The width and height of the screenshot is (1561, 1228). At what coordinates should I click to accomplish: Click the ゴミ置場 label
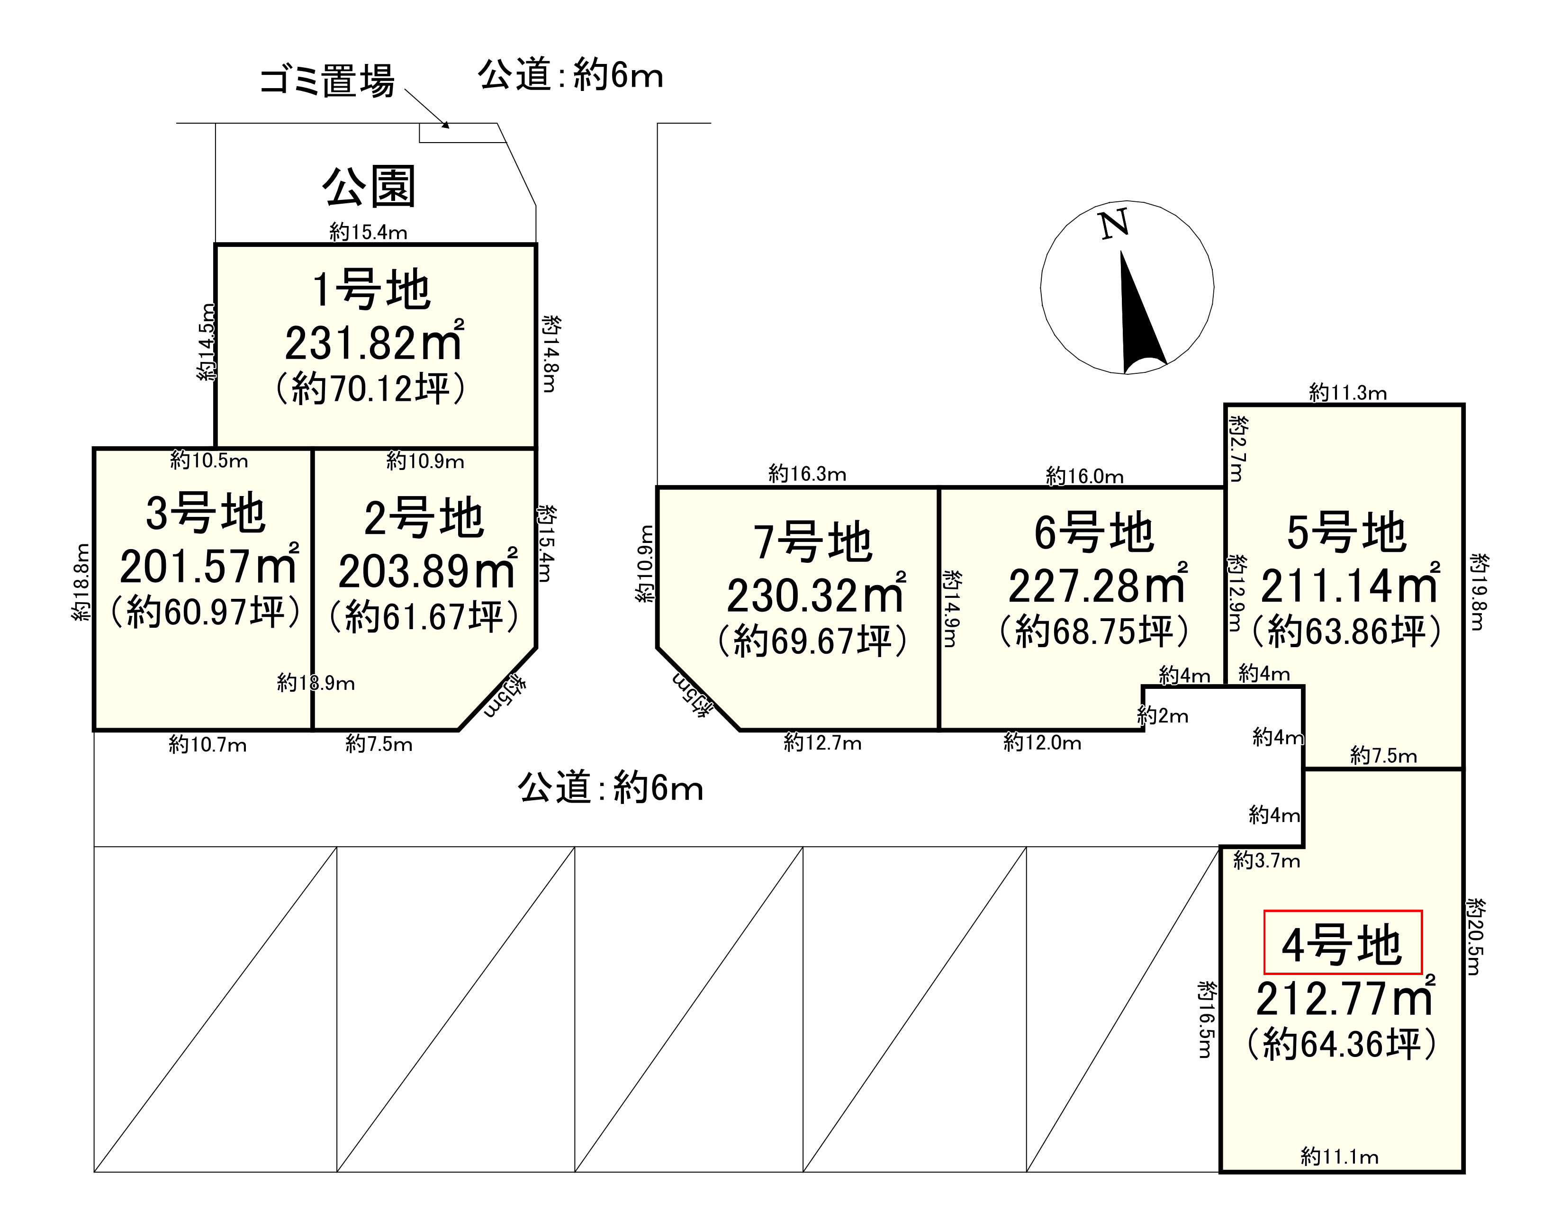coord(327,81)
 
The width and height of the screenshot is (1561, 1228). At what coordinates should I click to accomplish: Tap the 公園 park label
coord(369,187)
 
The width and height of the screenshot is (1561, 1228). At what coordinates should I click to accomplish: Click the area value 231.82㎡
coord(374,343)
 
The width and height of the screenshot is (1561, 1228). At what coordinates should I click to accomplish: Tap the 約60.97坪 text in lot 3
coord(206,612)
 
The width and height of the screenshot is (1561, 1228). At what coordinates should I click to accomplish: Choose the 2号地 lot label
coord(424,518)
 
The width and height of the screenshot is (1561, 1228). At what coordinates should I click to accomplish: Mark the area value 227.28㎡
coord(1097,586)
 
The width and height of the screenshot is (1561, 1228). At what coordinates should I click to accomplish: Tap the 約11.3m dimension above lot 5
coord(1347,393)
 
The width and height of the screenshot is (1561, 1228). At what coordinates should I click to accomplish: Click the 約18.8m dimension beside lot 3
coord(82,582)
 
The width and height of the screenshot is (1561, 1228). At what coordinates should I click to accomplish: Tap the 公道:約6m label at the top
coord(570,75)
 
